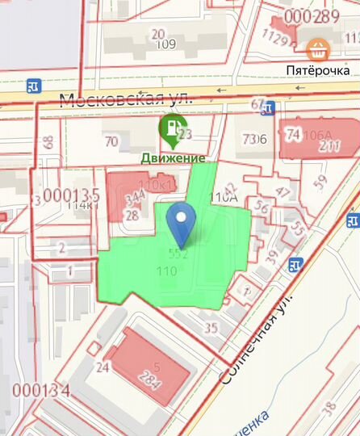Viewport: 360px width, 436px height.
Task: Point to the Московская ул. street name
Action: click(x=127, y=99)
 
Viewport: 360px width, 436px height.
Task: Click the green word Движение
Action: click(x=174, y=158)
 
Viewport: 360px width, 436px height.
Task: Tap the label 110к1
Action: click(x=157, y=186)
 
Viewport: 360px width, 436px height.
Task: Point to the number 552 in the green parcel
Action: click(x=178, y=254)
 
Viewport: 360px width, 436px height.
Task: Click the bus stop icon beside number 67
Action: click(x=270, y=107)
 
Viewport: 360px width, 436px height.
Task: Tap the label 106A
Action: click(x=320, y=134)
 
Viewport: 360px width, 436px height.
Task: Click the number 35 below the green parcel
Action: click(x=211, y=327)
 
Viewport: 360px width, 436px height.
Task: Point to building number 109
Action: click(x=165, y=44)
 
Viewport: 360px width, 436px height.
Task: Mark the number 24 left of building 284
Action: click(x=103, y=367)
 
